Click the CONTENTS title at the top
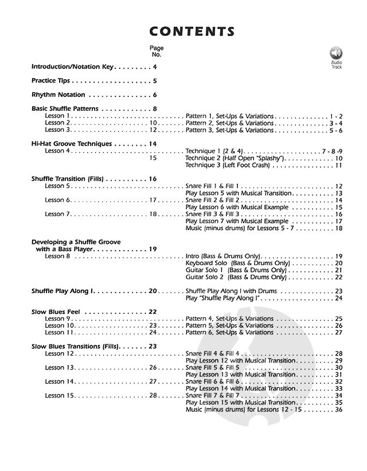(x=183, y=31)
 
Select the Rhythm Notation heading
(x=58, y=95)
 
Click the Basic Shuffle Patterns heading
(x=65, y=108)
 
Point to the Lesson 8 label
(x=57, y=256)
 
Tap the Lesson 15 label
(x=59, y=395)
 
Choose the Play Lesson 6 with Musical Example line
(x=240, y=207)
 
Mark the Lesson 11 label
(x=59, y=332)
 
